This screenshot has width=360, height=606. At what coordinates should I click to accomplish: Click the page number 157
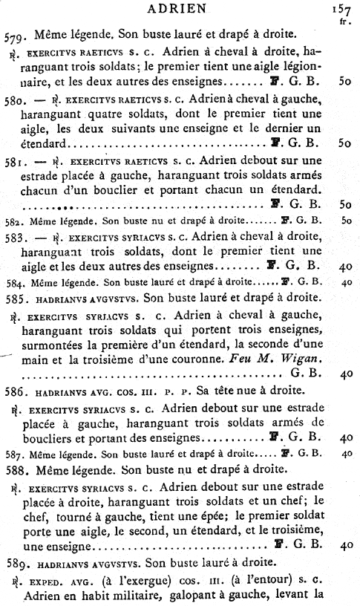(343, 10)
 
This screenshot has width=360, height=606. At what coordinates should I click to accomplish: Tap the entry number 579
(15, 34)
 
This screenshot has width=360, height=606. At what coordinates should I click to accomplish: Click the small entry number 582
(13, 221)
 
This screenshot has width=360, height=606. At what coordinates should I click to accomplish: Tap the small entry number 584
(13, 282)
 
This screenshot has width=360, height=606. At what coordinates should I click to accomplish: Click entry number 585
(15, 299)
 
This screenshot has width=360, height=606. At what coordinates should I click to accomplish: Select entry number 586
(15, 388)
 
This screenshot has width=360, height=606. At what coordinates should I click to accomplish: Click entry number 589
(15, 563)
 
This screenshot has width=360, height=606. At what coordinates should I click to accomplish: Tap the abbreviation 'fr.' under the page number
(344, 22)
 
